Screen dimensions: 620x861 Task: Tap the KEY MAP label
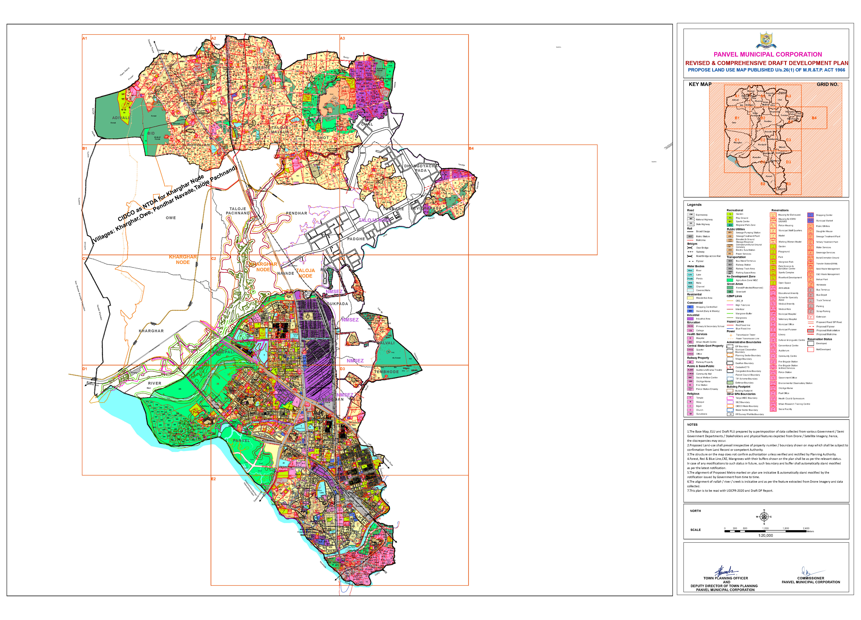pos(700,84)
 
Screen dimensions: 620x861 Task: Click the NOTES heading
pos(692,425)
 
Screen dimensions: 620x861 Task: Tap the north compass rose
pos(764,517)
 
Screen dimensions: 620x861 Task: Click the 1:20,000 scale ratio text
pos(765,535)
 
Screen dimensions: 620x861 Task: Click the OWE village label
pos(171,218)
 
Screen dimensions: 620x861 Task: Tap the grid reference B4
pos(471,148)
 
